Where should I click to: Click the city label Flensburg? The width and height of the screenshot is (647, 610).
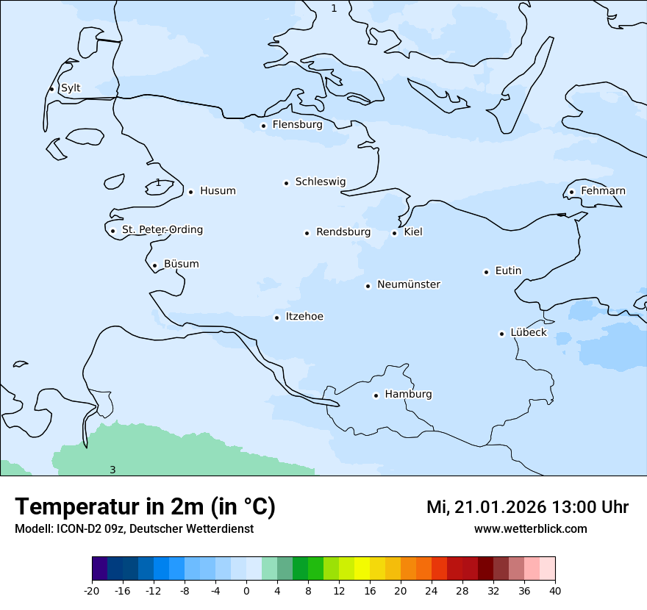tap(297, 125)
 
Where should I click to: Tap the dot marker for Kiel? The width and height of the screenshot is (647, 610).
tap(395, 233)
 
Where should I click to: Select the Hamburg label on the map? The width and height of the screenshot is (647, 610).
tap(408, 395)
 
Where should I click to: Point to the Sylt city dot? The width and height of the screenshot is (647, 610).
tap(51, 89)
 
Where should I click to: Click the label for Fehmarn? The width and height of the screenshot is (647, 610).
tap(603, 191)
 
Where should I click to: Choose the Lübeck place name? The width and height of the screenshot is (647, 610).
tap(528, 333)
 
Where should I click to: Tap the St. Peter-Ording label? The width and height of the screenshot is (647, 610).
tap(162, 230)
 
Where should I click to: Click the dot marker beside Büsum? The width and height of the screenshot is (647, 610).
tap(154, 265)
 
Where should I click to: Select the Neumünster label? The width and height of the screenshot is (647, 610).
tap(409, 284)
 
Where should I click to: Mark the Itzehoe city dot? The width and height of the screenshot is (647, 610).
tap(276, 317)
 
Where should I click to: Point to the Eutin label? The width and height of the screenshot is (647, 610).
tap(508, 271)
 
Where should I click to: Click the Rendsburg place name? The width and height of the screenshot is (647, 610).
tap(343, 232)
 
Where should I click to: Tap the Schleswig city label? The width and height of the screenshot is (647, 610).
tap(320, 182)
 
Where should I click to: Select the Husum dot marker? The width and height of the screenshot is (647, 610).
tap(190, 192)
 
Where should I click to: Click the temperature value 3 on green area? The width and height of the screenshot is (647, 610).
tap(112, 470)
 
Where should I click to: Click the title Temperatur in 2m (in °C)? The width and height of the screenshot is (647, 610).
tap(145, 507)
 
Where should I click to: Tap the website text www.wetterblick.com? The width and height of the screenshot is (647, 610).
tap(530, 529)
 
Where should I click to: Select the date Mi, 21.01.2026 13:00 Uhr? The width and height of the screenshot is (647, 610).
tap(527, 507)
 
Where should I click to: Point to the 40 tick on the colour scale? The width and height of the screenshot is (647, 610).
tap(555, 590)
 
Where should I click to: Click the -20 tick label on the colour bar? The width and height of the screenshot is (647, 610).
tap(92, 590)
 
